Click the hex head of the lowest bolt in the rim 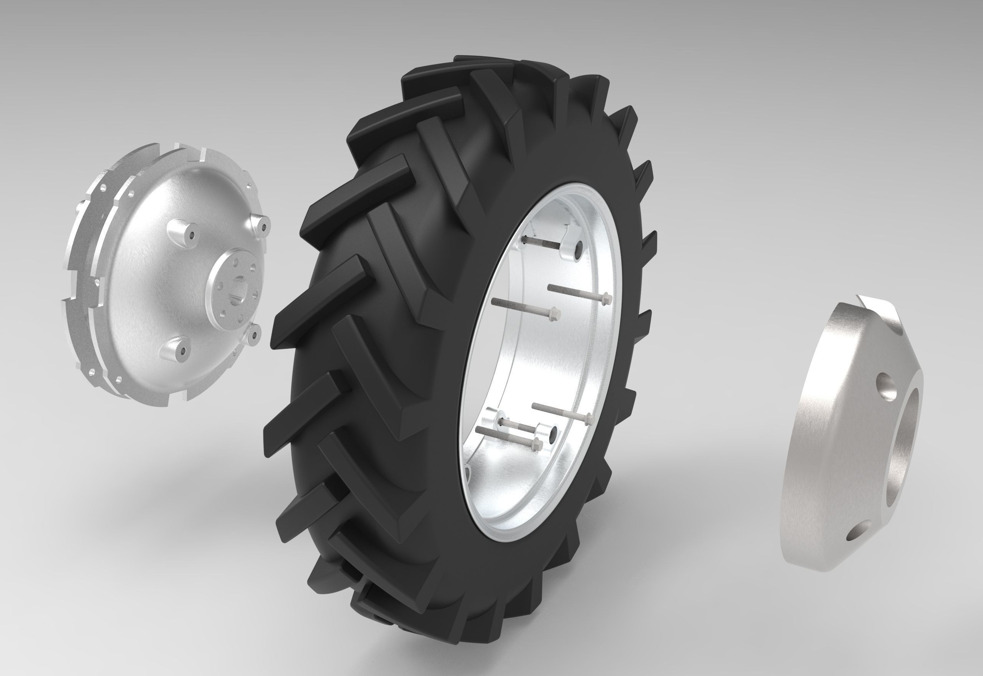tap(537, 444)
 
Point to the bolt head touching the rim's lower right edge tap(588, 419)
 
